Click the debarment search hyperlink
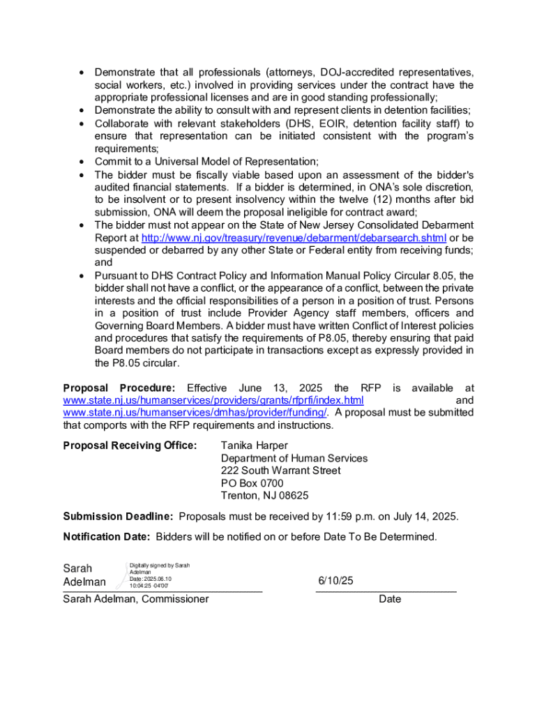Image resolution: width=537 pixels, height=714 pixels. tap(294, 238)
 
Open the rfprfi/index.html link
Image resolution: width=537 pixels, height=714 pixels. tap(213, 400)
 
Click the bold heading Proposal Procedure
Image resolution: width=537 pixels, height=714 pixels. tap(119, 388)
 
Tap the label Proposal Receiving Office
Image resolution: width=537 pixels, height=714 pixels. tap(130, 446)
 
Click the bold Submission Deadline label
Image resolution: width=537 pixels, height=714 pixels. tap(118, 517)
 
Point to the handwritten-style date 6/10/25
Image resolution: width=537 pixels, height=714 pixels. tap(336, 581)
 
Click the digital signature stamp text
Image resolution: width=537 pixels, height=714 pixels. tap(159, 575)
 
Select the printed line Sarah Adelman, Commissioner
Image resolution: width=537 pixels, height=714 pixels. tap(136, 599)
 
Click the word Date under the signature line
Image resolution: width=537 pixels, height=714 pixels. tap(390, 599)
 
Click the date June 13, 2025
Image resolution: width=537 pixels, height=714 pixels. tap(276, 388)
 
